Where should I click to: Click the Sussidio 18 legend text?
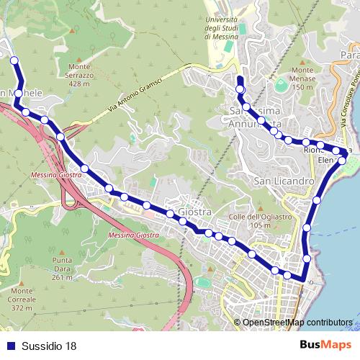tap(48, 346)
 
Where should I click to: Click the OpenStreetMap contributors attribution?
tap(297, 323)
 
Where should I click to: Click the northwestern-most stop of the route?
tap(14, 61)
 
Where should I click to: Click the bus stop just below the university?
tap(240, 89)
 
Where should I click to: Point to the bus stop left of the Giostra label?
tap(171, 214)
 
